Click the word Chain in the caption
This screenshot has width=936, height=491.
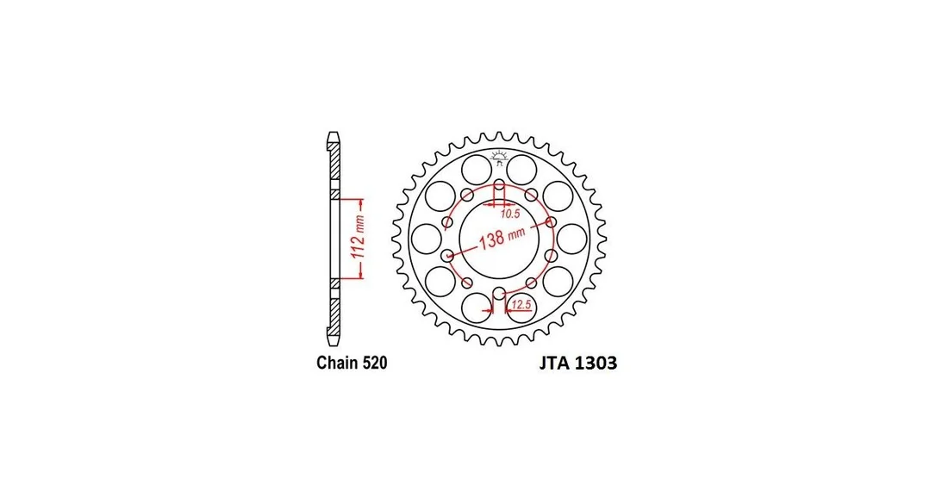tap(337, 363)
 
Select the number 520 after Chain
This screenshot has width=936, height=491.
tap(374, 363)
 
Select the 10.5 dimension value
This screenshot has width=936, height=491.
tap(510, 214)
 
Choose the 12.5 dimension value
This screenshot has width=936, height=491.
tap(521, 305)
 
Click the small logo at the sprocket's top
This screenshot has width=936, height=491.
tap(499, 158)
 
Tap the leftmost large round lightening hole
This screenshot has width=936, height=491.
tap(427, 239)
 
